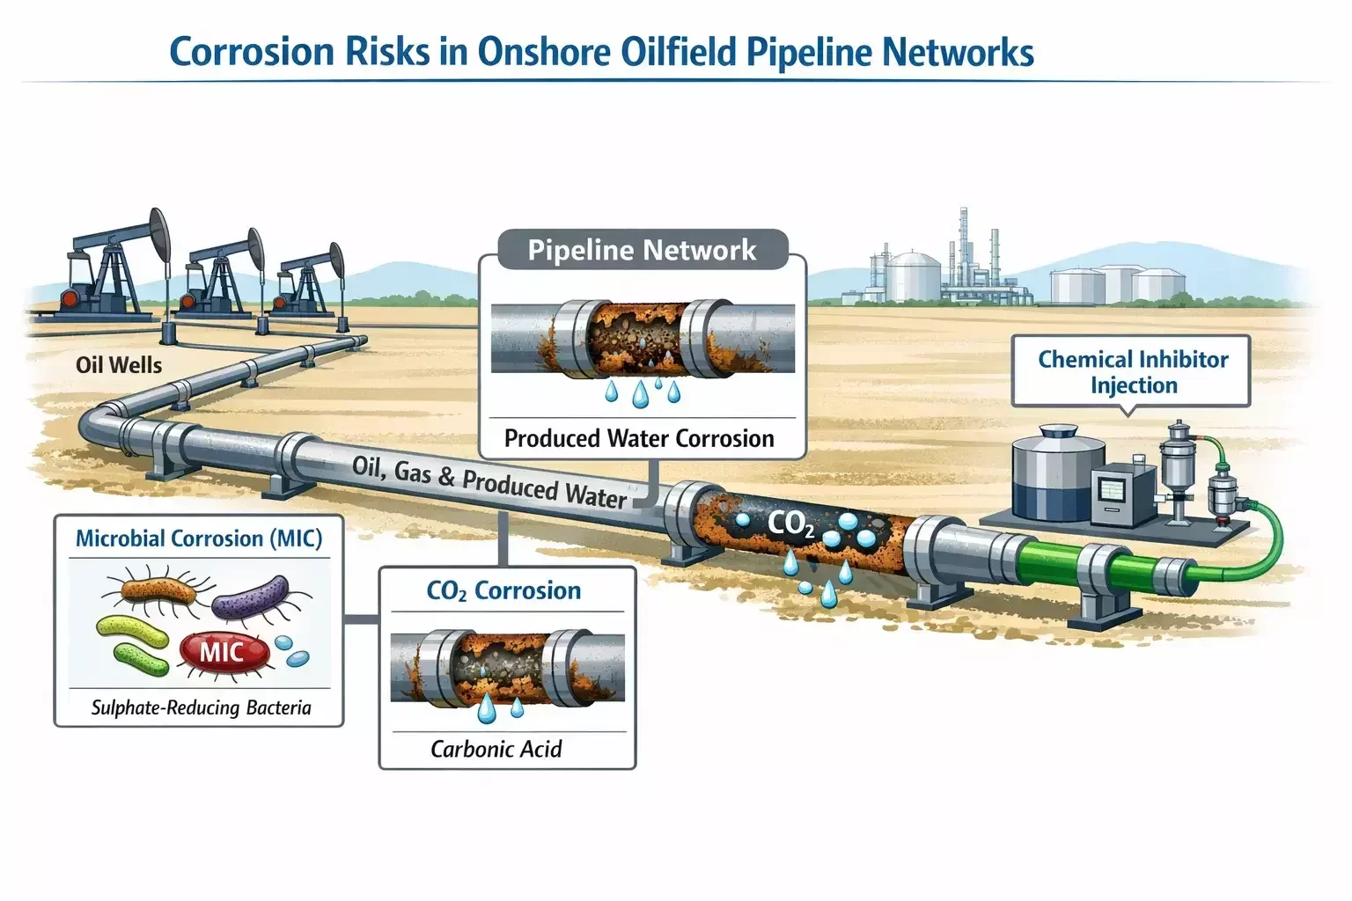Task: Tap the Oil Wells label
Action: (x=119, y=365)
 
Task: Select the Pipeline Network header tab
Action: (x=642, y=250)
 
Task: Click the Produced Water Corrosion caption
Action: (x=639, y=438)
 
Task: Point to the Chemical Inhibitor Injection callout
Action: (x=1133, y=372)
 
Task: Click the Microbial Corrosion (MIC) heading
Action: (x=199, y=538)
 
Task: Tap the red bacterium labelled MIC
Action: (x=222, y=652)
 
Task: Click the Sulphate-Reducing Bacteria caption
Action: (x=202, y=707)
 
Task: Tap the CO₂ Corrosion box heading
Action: (x=503, y=590)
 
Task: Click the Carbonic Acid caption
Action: (x=496, y=749)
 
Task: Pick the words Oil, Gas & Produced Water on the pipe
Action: (x=489, y=482)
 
